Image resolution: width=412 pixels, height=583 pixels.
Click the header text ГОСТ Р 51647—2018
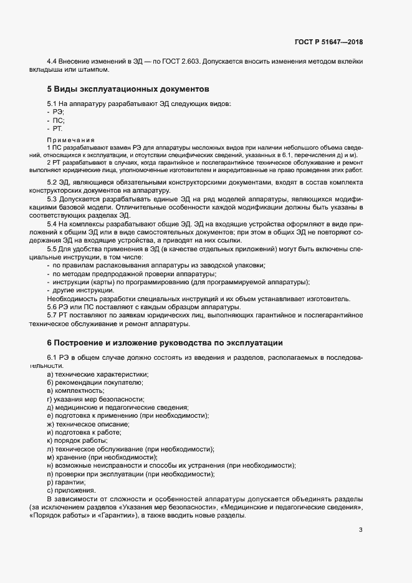tap(328, 42)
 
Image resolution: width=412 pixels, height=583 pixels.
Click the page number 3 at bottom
tap(360, 530)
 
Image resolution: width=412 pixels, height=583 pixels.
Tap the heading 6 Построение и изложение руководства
tap(165, 342)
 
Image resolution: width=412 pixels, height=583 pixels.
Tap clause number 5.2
tap(54, 182)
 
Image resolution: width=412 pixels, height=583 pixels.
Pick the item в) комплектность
tap(75, 390)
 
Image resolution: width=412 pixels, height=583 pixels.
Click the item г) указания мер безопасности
tap(95, 398)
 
